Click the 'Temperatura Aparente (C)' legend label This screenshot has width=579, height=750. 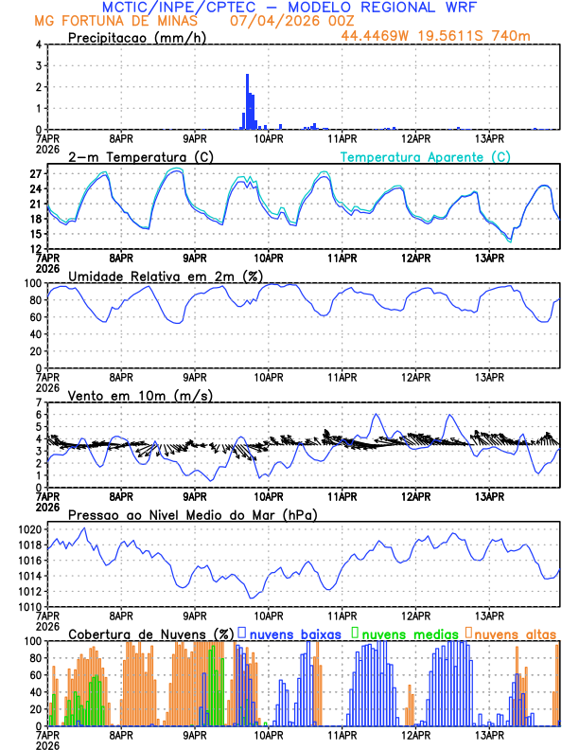[426, 156]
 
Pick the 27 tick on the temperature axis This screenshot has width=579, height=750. [35, 174]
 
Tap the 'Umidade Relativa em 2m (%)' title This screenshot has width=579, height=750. [166, 276]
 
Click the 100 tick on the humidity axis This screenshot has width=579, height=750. [31, 283]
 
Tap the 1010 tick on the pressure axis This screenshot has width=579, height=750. [27, 606]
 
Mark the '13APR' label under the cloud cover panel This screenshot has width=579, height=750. [488, 735]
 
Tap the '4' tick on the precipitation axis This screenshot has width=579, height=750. [39, 45]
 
